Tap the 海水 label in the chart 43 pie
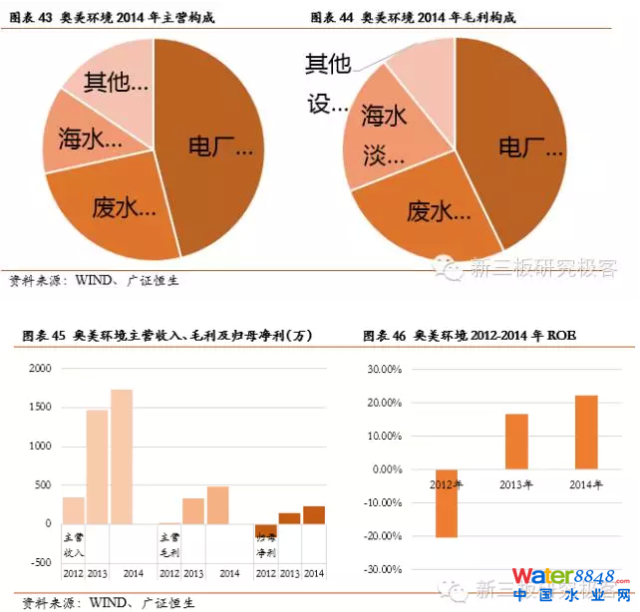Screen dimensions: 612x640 coord(98,140)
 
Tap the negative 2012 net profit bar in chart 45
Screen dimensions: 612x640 coord(265,529)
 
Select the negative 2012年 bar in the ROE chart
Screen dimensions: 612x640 coord(446,502)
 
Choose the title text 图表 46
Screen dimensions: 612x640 coord(382,336)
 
